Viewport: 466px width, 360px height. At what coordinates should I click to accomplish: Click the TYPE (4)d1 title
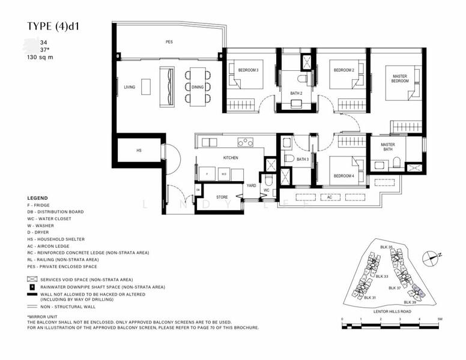click(x=58, y=26)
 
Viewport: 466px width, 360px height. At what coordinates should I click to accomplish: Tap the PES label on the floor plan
click(x=169, y=42)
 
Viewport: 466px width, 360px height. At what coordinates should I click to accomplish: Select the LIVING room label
click(x=129, y=88)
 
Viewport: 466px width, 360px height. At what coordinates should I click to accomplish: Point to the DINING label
click(x=198, y=88)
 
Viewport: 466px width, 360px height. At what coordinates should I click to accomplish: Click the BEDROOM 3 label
click(x=248, y=70)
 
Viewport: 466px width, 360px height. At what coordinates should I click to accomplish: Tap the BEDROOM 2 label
click(x=344, y=70)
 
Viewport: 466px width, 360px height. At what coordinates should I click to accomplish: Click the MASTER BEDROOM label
click(x=400, y=79)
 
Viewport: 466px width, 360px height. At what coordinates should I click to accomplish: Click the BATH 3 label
click(x=288, y=159)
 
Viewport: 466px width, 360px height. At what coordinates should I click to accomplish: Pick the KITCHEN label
click(x=231, y=158)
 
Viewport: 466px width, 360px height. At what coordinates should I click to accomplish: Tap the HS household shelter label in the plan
click(x=139, y=151)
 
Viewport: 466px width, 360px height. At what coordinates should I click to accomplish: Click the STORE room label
click(x=222, y=196)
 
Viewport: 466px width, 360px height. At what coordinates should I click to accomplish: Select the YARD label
click(x=250, y=186)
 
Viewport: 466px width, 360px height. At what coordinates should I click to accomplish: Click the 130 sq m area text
click(x=40, y=58)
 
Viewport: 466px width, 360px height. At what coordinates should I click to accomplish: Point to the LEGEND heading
click(x=37, y=198)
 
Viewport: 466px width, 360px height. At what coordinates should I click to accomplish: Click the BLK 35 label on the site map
click(x=386, y=247)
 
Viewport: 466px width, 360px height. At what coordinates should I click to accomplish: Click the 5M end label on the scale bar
click(x=440, y=319)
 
